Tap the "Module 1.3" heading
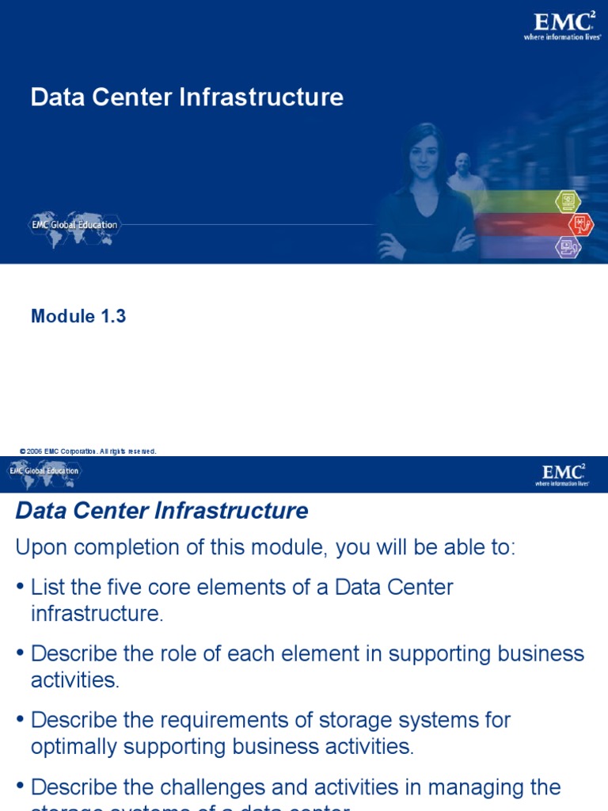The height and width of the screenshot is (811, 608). pos(78,316)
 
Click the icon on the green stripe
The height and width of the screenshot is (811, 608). pos(567,202)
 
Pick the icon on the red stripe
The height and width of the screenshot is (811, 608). pos(581,224)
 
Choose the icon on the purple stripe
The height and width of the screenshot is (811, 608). pos(567,246)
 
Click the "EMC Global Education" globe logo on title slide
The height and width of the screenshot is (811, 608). pos(74,224)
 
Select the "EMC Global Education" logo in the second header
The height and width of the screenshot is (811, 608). pos(44,472)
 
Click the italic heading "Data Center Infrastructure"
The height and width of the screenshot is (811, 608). pos(161,511)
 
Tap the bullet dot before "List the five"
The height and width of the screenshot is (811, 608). pos(20,588)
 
